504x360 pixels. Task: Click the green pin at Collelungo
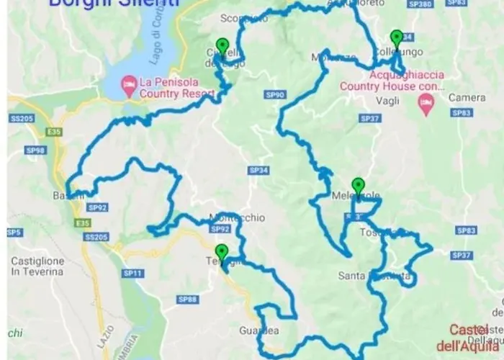coord(396,38)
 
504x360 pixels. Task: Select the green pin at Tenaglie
coord(222,252)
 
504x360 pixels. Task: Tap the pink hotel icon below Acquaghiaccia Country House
coord(426,107)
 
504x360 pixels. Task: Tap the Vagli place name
coord(387,100)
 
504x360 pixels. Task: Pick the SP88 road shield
coord(186,299)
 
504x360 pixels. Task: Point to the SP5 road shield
coord(12,233)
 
